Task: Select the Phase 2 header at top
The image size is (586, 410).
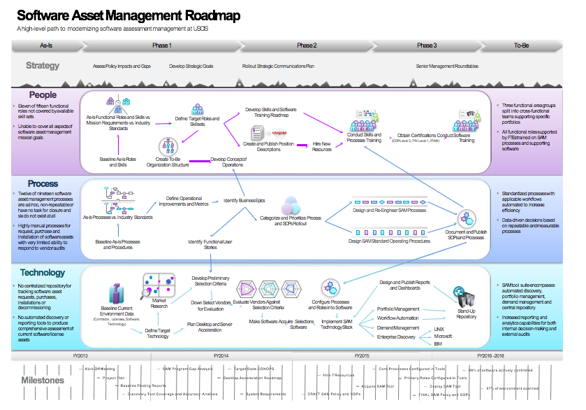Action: (x=306, y=45)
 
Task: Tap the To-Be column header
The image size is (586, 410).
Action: (x=522, y=45)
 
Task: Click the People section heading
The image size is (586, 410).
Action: (x=43, y=94)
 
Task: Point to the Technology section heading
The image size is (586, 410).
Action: (x=43, y=272)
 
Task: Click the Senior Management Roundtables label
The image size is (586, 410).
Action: (x=447, y=66)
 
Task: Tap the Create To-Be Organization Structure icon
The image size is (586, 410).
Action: (x=167, y=146)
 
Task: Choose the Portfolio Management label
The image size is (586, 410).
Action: (x=398, y=308)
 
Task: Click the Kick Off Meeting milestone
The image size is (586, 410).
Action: (x=99, y=367)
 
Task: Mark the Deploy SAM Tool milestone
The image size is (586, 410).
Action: (x=444, y=386)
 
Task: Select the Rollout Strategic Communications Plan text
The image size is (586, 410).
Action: (x=279, y=66)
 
